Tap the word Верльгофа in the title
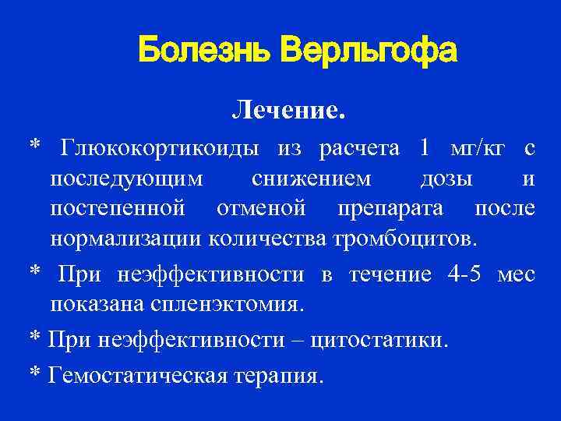pyautogui.click(x=368, y=51)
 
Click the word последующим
pyautogui.click(x=127, y=179)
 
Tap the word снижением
pyautogui.click(x=312, y=179)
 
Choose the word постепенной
pyautogui.click(x=118, y=209)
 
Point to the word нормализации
pyautogui.click(x=127, y=239)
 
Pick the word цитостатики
pyautogui.click(x=379, y=341)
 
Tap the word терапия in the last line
pyautogui.click(x=273, y=377)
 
